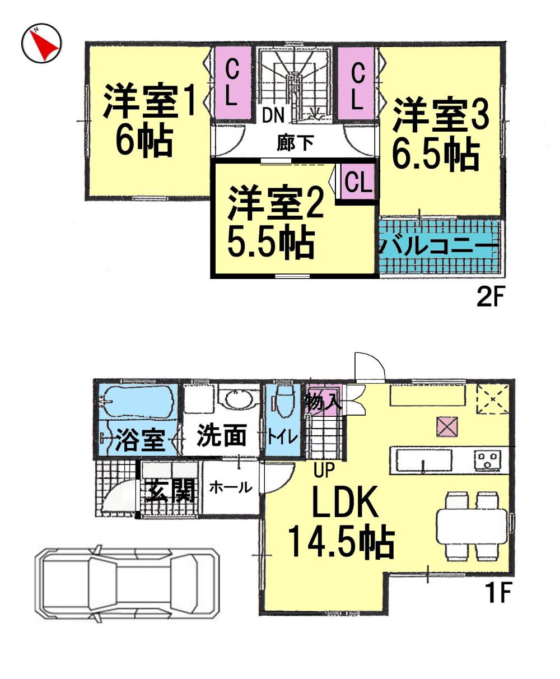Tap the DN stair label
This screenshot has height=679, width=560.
(274, 116)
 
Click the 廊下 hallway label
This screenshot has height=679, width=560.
(295, 143)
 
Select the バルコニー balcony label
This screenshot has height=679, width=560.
(440, 245)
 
